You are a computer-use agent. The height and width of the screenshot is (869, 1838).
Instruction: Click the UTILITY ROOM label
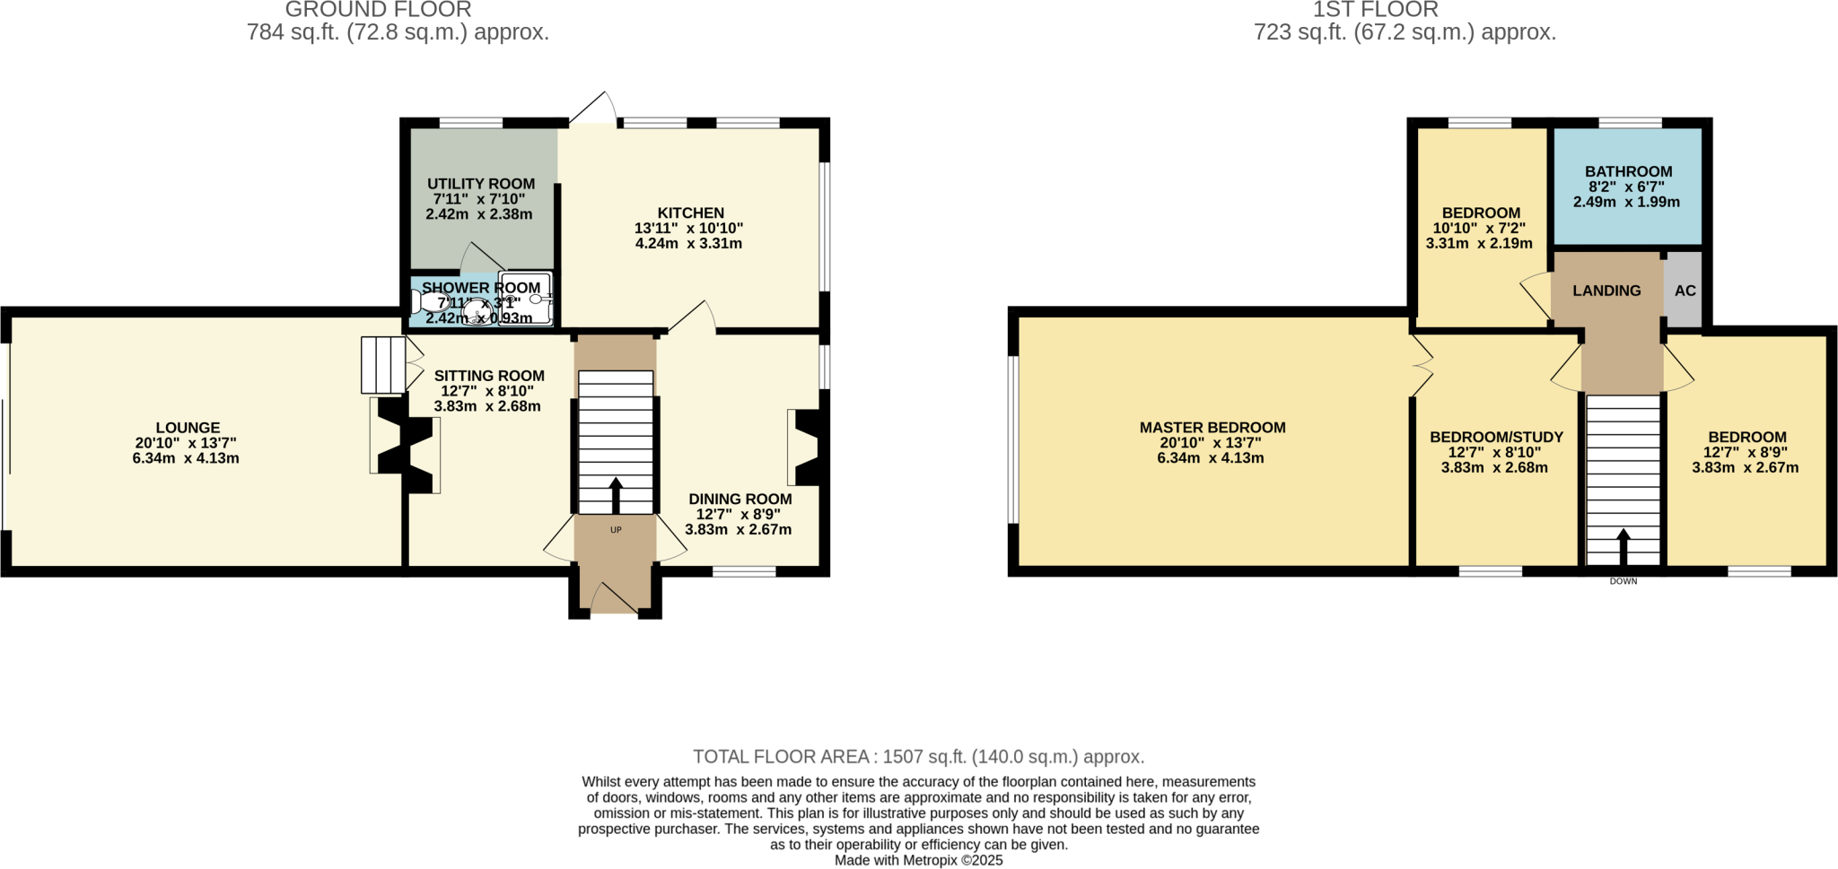point(480,184)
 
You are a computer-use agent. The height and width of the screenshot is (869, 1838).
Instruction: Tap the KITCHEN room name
point(690,213)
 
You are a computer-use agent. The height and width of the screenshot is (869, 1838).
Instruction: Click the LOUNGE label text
point(188,429)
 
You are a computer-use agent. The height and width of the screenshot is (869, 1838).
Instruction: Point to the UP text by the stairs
point(616,530)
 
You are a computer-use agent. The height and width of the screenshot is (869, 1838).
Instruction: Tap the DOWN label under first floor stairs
point(1623,581)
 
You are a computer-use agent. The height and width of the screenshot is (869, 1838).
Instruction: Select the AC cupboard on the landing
point(1685,291)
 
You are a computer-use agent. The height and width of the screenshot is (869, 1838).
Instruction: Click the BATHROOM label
point(1628,171)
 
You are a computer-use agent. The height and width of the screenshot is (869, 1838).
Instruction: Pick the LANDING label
point(1606,291)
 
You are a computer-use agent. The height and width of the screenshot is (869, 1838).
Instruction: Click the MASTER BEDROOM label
point(1212,428)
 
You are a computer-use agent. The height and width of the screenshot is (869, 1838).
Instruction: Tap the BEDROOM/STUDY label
point(1496,437)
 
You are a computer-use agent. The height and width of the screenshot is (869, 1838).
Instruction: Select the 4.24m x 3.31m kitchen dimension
point(688,244)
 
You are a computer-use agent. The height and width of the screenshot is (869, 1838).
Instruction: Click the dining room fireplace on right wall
point(805,448)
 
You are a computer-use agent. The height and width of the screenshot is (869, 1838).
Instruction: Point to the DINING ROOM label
point(740,500)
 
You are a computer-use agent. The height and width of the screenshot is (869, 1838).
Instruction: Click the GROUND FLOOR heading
point(378,10)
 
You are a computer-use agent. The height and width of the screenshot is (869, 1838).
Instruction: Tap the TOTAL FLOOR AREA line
point(918,757)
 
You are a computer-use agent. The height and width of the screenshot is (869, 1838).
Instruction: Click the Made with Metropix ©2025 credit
point(918,860)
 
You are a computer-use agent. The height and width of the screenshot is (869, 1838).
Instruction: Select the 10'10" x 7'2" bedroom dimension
point(1479,229)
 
